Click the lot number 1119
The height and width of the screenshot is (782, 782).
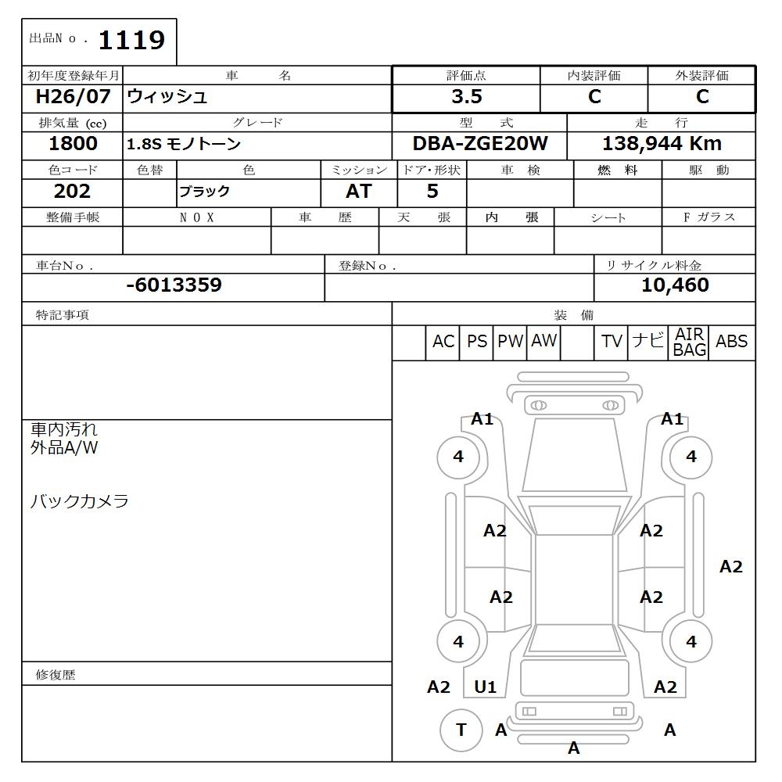(x=131, y=40)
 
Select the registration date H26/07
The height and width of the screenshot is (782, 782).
(x=74, y=97)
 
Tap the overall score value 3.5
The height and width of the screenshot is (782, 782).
(x=466, y=97)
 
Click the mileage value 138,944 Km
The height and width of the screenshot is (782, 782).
(x=662, y=144)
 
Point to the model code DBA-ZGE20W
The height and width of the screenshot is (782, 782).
(x=480, y=144)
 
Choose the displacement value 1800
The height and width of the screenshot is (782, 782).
(x=73, y=144)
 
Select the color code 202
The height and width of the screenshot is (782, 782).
(x=73, y=192)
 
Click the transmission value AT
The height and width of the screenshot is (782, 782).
(x=359, y=192)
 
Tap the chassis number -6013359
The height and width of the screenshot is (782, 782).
(x=174, y=285)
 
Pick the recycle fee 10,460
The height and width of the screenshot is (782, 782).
(x=675, y=285)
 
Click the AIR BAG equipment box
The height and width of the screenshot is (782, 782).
(x=690, y=343)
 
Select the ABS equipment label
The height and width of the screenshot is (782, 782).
(x=732, y=342)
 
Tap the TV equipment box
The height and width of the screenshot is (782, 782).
(x=612, y=342)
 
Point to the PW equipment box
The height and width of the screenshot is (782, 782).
(x=510, y=342)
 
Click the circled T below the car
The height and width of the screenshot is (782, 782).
(x=461, y=730)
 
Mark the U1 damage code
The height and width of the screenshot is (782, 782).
(x=486, y=687)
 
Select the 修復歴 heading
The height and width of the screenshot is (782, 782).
(x=56, y=674)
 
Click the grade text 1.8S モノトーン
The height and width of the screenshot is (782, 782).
(x=184, y=145)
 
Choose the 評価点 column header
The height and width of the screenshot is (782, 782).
(x=466, y=76)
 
